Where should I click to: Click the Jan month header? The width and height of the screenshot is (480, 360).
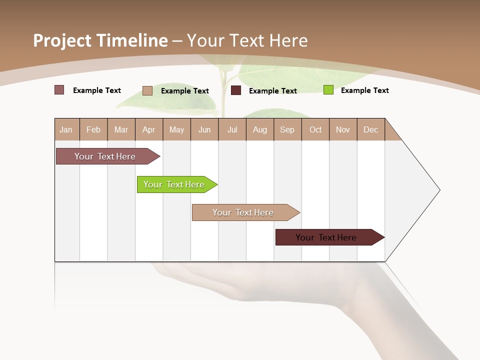point(66,129)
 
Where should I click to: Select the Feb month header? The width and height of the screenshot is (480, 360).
point(93,129)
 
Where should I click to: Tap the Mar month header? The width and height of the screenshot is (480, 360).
point(121,129)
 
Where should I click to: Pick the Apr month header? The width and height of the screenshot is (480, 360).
point(149,129)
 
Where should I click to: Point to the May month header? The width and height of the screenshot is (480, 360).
point(176,129)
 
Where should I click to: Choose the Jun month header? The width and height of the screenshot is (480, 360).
point(204,129)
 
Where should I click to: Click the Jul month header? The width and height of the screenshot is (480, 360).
point(232,129)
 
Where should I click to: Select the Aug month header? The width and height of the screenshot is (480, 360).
point(260,129)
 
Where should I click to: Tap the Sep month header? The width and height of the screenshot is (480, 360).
point(287,129)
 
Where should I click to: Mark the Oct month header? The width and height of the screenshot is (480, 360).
point(315,129)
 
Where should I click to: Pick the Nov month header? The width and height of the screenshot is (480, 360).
point(343,129)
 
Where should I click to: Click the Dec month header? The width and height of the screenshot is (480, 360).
point(371,129)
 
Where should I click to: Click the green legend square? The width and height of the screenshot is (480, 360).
point(328,90)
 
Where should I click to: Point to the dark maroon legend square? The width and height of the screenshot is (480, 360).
point(236,90)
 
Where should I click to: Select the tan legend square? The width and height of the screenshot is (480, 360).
point(147,90)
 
